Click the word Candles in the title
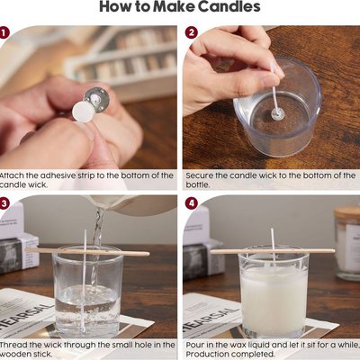tap(229, 6)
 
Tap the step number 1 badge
tap(4, 32)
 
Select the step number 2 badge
tap(192, 32)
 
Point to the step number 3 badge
tap(4, 203)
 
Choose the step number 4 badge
tap(192, 203)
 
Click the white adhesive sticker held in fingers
tap(84, 112)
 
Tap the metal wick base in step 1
tap(96, 99)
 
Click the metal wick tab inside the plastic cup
tap(277, 113)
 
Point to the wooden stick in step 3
tap(87, 252)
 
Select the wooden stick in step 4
tap(273, 251)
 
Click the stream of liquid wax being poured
tap(96, 240)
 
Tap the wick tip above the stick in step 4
tap(272, 229)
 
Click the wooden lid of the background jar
tap(347, 214)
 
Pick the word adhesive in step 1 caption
tap(58, 175)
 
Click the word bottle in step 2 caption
tap(197, 184)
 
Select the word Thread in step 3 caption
tap(13, 345)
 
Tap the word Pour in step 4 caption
tap(193, 345)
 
